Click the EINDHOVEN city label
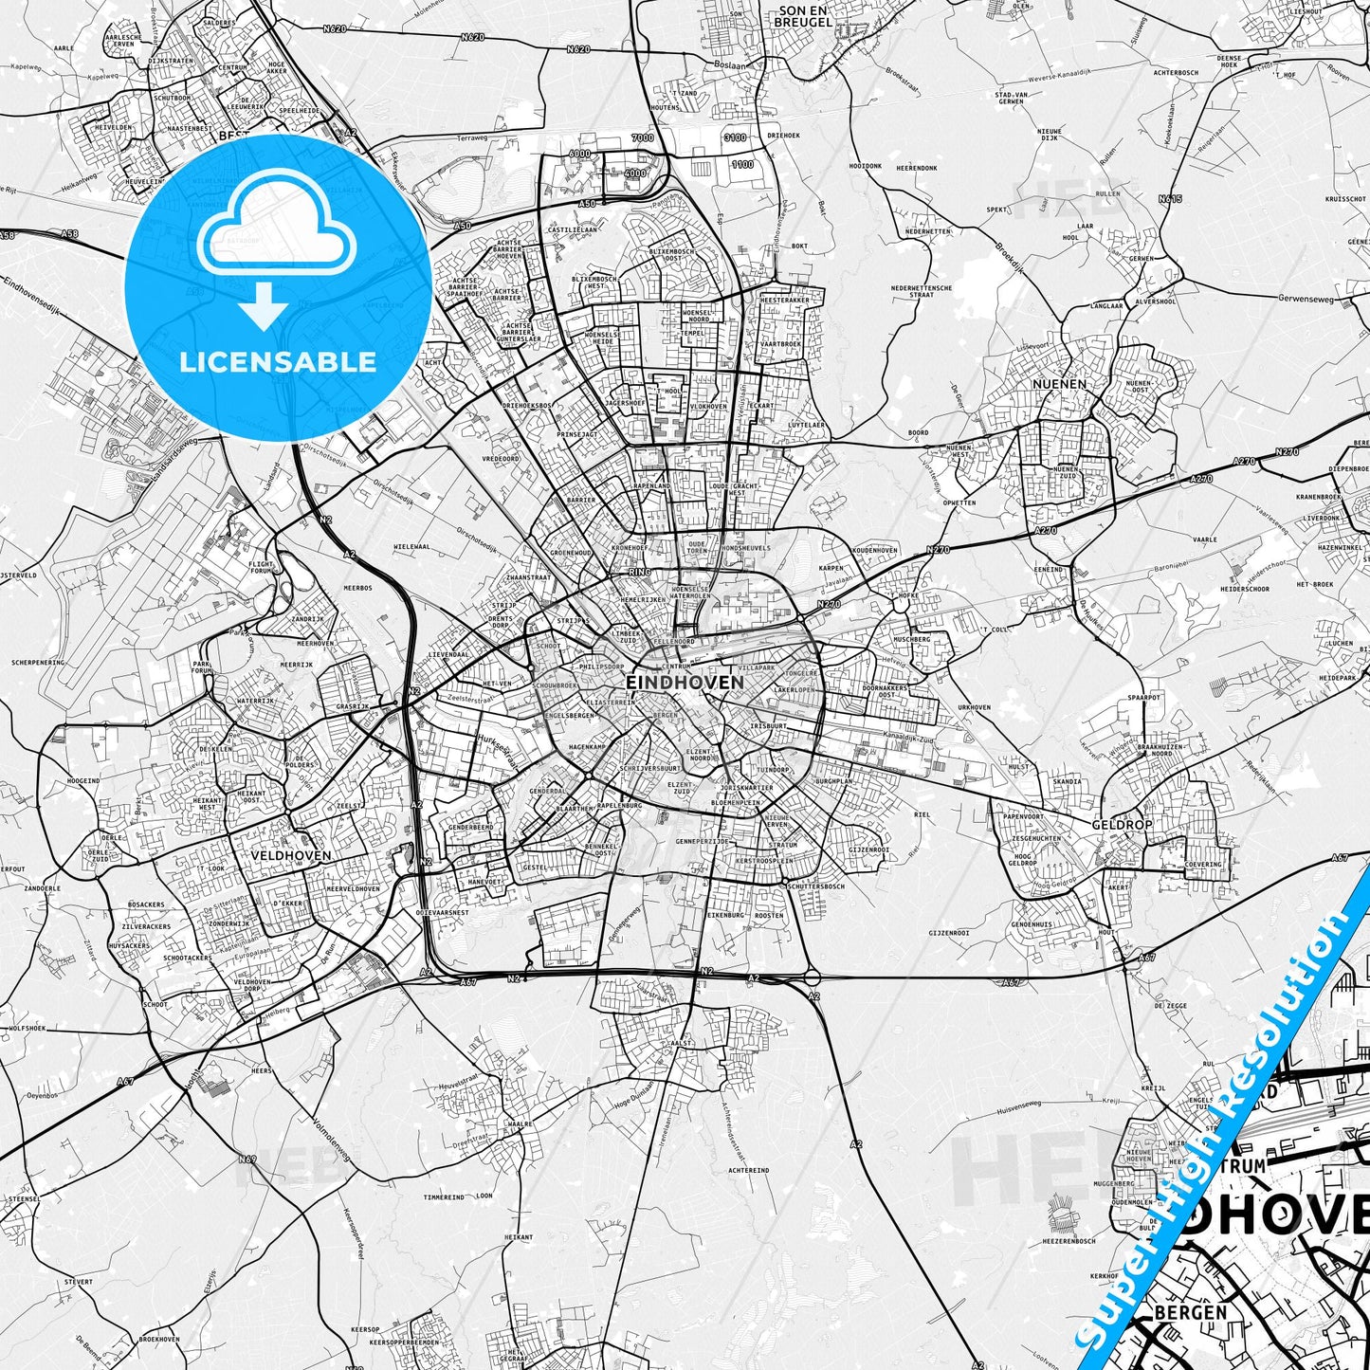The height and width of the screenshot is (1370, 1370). tap(685, 682)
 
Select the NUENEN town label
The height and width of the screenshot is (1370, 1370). tap(1059, 384)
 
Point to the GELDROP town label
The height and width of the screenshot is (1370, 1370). tap(1122, 825)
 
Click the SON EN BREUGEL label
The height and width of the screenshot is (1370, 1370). tap(804, 16)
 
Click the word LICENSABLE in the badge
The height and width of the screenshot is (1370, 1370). tap(278, 361)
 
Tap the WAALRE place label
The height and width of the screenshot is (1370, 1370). tap(521, 1123)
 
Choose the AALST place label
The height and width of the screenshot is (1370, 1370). tap(681, 1043)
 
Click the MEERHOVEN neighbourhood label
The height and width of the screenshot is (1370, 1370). tap(315, 643)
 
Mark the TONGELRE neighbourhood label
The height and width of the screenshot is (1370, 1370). tap(802, 674)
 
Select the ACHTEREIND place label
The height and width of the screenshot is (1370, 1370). tap(748, 1171)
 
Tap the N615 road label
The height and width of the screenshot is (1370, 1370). tap(1170, 199)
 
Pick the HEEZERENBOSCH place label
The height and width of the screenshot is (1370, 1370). tap(1069, 1241)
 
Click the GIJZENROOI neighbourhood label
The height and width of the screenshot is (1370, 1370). tap(948, 907)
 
